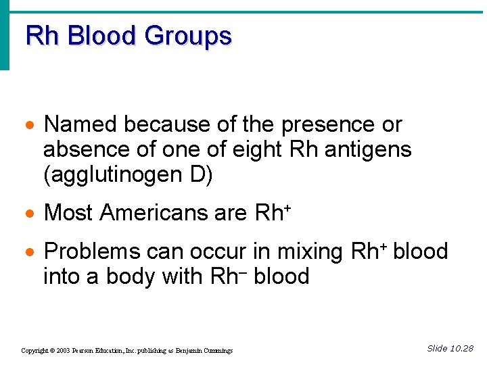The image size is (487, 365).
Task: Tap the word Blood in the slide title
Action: pyautogui.click(x=102, y=35)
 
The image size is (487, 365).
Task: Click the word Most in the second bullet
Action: pyautogui.click(x=68, y=214)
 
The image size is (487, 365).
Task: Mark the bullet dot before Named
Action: pyautogui.click(x=28, y=126)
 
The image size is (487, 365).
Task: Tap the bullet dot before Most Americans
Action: pyautogui.click(x=28, y=214)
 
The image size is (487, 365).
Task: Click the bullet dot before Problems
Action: pyautogui.click(x=28, y=253)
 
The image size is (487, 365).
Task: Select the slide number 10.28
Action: pyautogui.click(x=461, y=349)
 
